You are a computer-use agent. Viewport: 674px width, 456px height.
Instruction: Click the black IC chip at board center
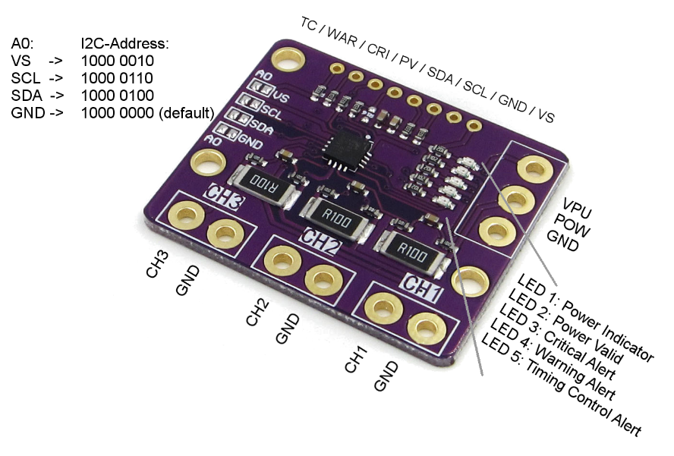(346, 149)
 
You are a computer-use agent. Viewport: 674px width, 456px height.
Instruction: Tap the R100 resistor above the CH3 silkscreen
(264, 183)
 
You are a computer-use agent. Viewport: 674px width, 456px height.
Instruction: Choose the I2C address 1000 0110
(117, 79)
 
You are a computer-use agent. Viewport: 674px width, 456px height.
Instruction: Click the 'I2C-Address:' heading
(124, 44)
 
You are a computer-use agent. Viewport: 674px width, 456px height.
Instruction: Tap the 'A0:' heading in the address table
(24, 44)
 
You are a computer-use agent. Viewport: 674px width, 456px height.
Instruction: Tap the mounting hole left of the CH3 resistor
(207, 162)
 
